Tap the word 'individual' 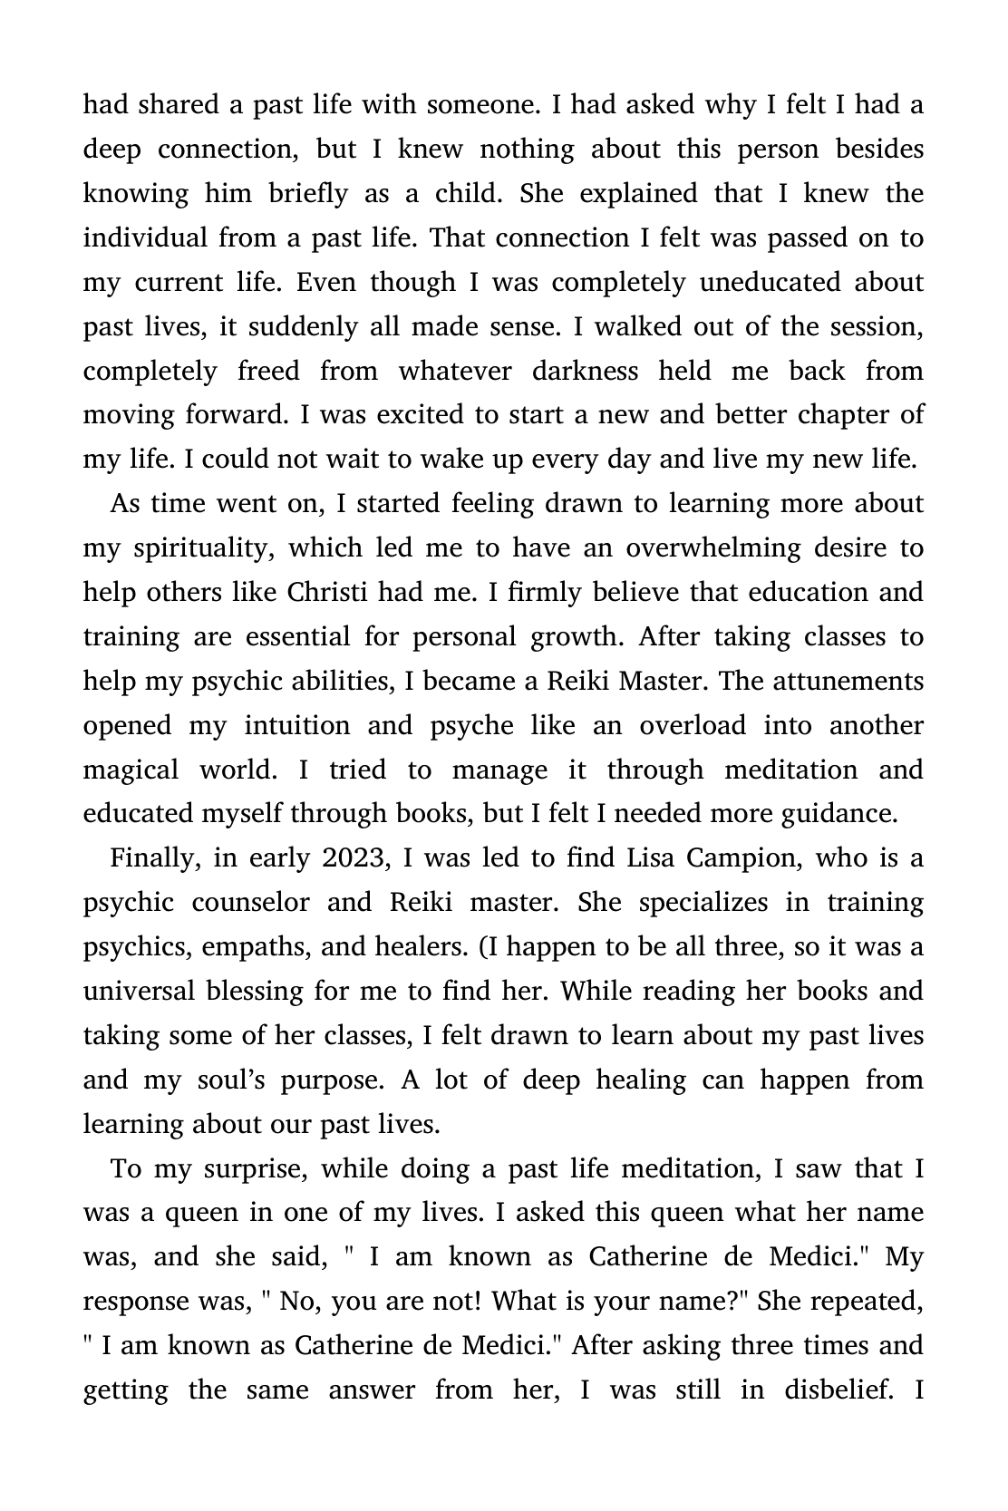pos(146,237)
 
